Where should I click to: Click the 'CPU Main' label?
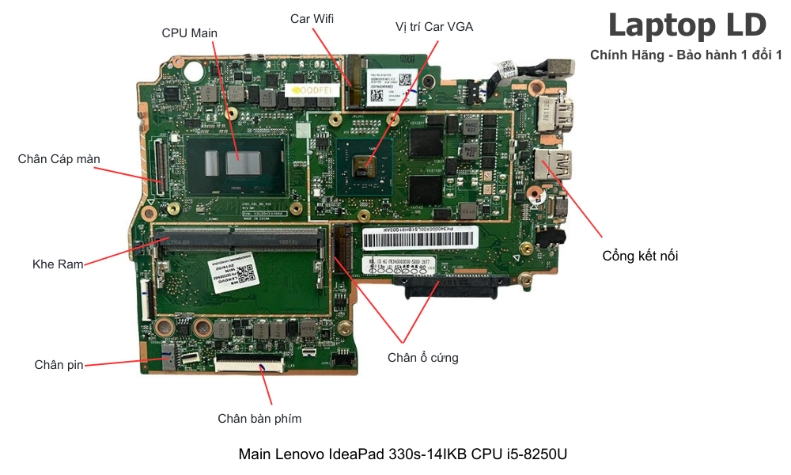(x=189, y=32)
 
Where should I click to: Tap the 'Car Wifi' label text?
(x=312, y=18)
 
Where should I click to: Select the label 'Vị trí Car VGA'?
(x=434, y=27)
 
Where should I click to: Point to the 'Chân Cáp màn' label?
(x=59, y=159)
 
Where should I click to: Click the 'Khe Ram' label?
(x=58, y=264)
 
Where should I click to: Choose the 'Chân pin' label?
(x=59, y=365)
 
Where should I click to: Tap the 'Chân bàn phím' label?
(x=259, y=419)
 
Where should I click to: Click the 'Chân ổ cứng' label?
(x=422, y=358)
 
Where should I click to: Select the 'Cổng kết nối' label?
(x=640, y=256)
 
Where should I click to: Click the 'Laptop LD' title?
(x=687, y=25)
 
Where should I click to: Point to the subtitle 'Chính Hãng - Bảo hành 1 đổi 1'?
(x=686, y=55)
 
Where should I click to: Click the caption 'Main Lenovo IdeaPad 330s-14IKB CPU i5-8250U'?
(x=403, y=455)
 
